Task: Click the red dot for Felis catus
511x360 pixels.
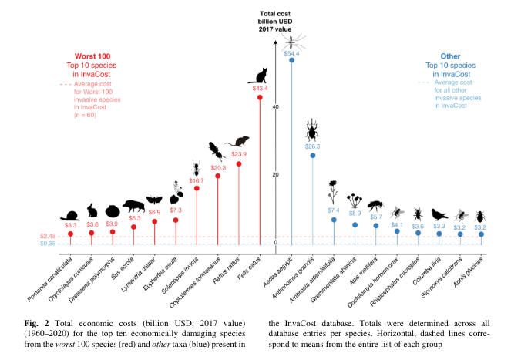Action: coord(260,98)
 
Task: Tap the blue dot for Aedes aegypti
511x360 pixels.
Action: coord(291,60)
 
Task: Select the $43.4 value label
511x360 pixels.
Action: coord(260,89)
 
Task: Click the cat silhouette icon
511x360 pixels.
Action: coord(260,75)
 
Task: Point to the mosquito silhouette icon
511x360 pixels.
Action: coord(292,39)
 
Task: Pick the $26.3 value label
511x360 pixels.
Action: coord(312,146)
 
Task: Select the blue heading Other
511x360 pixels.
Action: coord(451,56)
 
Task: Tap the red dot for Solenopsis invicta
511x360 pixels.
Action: coord(197,188)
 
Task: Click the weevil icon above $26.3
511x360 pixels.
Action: coord(312,129)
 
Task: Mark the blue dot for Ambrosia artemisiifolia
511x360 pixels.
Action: coord(334,220)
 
